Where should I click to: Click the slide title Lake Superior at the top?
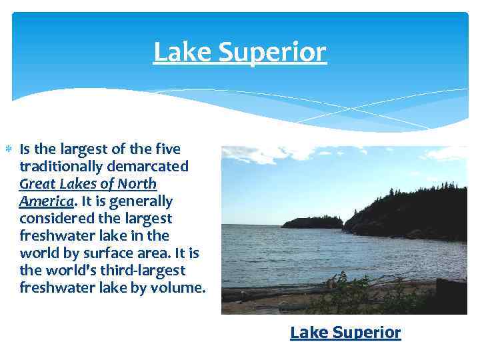pos(240,52)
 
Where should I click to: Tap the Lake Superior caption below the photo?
pos(345,332)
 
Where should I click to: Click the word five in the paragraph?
pos(166,148)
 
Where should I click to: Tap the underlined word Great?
pos(39,183)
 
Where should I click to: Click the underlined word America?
pos(46,201)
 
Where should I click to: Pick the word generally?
pos(138,201)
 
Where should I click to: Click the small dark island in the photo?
pos(311,222)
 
